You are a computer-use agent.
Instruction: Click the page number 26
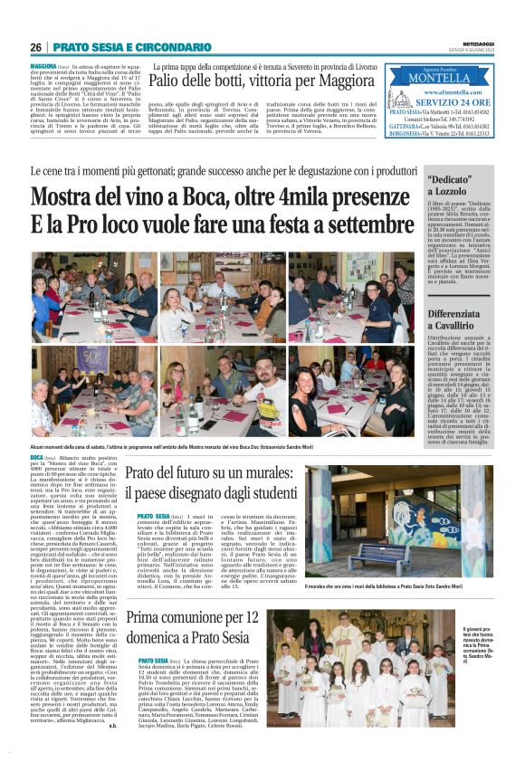[35, 47]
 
